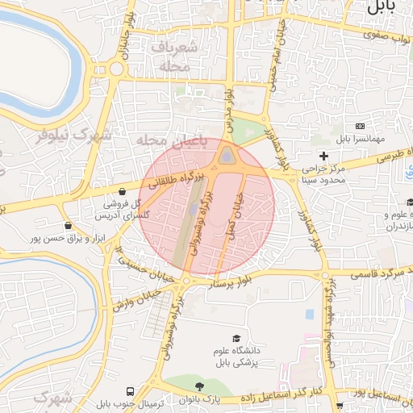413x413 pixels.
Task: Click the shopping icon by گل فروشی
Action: (121, 192)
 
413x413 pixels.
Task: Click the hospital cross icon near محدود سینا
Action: (324, 155)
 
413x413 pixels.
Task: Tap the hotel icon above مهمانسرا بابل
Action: (359, 127)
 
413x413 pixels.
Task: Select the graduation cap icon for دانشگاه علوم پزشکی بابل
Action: (236, 339)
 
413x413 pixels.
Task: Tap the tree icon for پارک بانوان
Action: (199, 387)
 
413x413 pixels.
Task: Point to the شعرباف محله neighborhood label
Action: (169, 57)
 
